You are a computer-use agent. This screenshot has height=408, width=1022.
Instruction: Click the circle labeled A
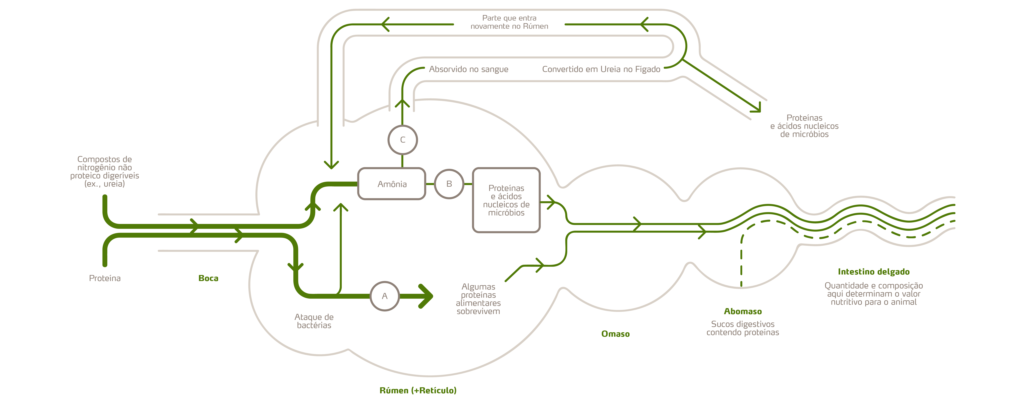(384, 296)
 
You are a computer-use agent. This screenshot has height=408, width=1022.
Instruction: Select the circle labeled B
(449, 184)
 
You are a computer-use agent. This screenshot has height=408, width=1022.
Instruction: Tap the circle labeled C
(403, 139)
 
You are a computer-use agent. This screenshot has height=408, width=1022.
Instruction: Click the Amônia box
(392, 184)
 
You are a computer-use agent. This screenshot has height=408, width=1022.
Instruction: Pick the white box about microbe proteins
(506, 200)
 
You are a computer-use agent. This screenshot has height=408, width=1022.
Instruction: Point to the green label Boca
(208, 278)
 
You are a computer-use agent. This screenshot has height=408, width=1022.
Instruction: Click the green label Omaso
(615, 334)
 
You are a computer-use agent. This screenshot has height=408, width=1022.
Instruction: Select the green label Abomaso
(743, 311)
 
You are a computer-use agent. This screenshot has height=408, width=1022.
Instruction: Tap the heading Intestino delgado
(874, 272)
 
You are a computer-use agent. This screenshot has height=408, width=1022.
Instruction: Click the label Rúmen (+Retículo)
(418, 390)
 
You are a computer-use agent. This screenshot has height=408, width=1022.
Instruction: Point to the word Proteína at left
(105, 278)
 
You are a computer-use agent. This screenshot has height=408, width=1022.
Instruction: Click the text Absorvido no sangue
(468, 69)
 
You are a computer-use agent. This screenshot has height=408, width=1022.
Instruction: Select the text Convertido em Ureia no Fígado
(601, 69)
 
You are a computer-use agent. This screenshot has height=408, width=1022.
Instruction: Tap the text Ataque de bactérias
(314, 321)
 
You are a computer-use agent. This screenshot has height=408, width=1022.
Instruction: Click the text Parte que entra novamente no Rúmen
(509, 22)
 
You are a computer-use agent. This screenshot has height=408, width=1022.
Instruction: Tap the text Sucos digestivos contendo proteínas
(743, 328)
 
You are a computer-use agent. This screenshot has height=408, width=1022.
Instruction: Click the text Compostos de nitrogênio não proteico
(105, 171)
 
